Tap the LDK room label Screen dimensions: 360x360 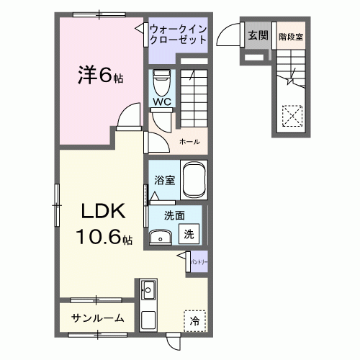(x=102, y=212)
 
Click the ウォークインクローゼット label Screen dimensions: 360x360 (x=179, y=34)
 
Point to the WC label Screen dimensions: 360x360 (x=161, y=102)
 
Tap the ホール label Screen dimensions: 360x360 (x=189, y=142)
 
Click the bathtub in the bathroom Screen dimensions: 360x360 (x=194, y=180)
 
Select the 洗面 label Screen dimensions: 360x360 (x=174, y=215)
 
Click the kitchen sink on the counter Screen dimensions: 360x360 (x=150, y=290)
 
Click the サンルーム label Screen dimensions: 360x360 (x=97, y=318)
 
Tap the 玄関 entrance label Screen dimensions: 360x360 (x=257, y=34)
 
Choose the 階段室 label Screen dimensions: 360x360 (x=290, y=34)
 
